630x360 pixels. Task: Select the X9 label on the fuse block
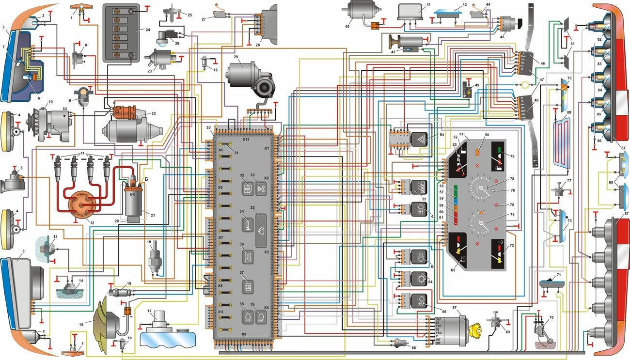pos(244,334)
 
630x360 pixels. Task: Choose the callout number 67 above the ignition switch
pos(455,307)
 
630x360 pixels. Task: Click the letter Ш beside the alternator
pos(64,115)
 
